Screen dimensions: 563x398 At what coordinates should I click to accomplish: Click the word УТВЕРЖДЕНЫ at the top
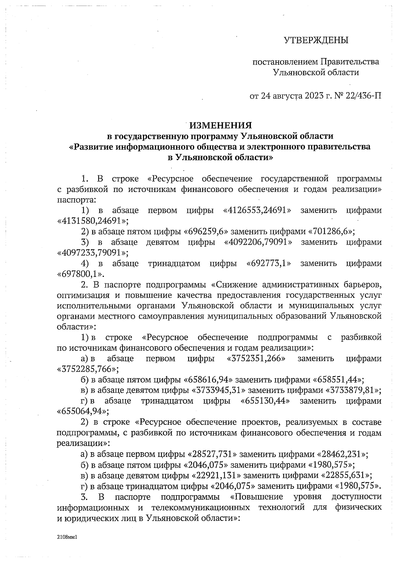(316, 40)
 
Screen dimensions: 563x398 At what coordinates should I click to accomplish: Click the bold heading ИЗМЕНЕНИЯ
(221, 125)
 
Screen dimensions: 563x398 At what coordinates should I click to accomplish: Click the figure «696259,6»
(206, 231)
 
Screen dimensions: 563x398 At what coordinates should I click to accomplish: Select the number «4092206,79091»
(258, 242)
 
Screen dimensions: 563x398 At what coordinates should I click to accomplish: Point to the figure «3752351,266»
(256, 359)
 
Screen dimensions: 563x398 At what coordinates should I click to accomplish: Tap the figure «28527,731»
(212, 454)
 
